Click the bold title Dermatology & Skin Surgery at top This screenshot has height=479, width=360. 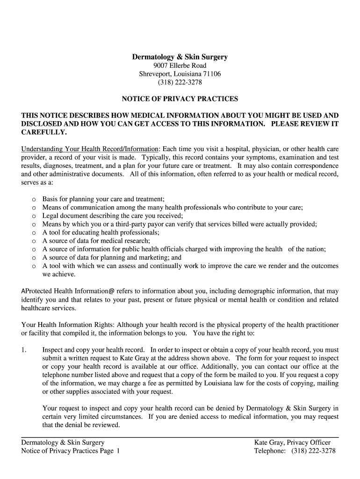[180, 57]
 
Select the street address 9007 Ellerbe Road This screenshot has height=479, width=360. [180, 65]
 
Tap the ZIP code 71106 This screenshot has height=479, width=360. [212, 74]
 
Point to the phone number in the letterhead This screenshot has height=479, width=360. [180, 82]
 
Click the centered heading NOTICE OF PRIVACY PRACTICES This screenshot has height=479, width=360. [180, 99]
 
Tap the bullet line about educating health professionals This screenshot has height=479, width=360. [101, 232]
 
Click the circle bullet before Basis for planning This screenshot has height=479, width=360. [34, 199]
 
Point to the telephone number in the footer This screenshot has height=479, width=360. [313, 451]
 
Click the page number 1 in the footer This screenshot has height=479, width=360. [118, 451]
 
